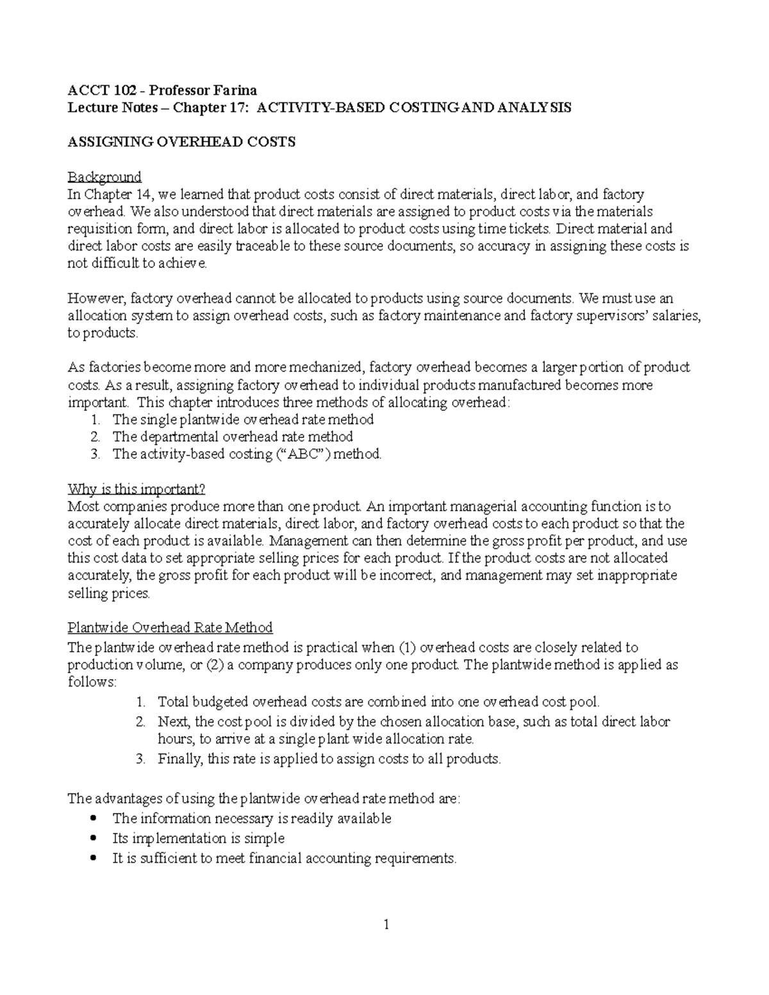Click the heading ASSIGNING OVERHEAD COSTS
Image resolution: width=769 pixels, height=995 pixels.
[181, 142]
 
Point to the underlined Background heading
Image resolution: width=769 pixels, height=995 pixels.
[104, 177]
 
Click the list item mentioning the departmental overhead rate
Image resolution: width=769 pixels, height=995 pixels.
[233, 437]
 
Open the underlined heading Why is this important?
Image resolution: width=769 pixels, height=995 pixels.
[136, 489]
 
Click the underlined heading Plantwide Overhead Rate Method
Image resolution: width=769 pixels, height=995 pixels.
[170, 627]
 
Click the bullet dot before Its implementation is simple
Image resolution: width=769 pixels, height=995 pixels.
[95, 838]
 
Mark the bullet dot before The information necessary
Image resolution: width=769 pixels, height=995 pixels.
[95, 818]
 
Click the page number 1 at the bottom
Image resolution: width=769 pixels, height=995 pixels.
[386, 925]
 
